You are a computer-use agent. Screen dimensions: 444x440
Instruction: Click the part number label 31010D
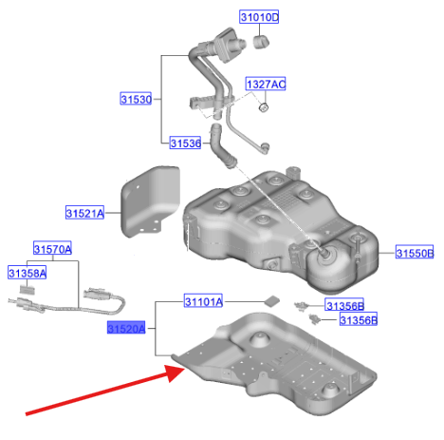(259, 17)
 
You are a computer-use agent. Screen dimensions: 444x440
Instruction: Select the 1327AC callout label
(266, 84)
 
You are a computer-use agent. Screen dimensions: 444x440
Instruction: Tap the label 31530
(136, 99)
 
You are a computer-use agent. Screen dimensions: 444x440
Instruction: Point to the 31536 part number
(185, 143)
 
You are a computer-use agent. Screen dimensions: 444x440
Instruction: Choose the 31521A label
(84, 213)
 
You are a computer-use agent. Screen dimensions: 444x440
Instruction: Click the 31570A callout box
(52, 249)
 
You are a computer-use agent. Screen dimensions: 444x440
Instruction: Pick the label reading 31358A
(28, 273)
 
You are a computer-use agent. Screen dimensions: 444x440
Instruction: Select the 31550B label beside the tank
(415, 253)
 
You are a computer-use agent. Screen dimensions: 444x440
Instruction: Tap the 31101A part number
(203, 301)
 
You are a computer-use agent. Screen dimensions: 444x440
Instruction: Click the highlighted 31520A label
(126, 328)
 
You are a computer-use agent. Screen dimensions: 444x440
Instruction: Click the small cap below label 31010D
(261, 42)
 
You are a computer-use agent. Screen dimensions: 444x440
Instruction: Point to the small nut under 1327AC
(264, 107)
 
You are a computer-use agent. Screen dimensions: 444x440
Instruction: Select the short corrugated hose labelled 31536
(221, 146)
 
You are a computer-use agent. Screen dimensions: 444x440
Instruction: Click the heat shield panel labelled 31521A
(149, 201)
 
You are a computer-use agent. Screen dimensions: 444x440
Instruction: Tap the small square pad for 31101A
(272, 301)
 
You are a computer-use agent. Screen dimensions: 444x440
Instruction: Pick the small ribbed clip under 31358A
(28, 289)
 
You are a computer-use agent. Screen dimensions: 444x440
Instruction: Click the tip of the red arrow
(184, 369)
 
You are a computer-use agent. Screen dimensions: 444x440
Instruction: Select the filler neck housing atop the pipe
(227, 45)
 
